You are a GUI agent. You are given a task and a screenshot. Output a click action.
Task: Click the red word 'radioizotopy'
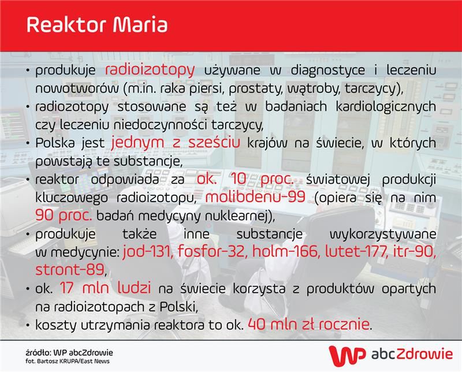click(150, 70)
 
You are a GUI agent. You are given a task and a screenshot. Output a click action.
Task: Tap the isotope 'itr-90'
click(414, 252)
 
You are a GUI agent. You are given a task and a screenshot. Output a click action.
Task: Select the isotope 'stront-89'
click(69, 270)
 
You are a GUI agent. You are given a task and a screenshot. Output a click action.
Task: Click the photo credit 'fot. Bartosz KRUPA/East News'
click(68, 361)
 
